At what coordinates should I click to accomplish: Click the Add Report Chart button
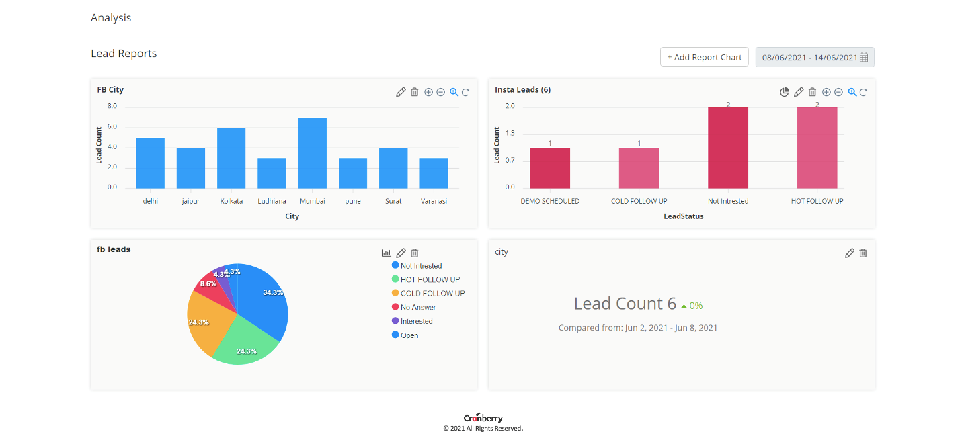[x=704, y=57]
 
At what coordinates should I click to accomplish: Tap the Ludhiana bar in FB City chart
[x=272, y=173]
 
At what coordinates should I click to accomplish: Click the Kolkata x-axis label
[x=231, y=201]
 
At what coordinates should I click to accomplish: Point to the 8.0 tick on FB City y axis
[x=112, y=106]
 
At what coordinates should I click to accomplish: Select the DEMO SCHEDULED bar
[x=550, y=168]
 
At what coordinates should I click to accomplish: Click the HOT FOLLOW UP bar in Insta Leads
[x=817, y=148]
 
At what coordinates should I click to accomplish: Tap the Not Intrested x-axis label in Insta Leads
[x=728, y=201]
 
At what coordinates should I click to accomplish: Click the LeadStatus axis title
[x=683, y=216]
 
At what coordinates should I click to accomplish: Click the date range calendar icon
[x=864, y=58]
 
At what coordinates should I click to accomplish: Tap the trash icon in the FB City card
[x=415, y=92]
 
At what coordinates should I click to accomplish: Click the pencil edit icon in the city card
[x=850, y=253]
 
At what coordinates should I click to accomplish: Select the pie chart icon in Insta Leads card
[x=785, y=92]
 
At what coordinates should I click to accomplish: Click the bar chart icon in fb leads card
[x=387, y=253]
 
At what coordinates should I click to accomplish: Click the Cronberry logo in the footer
[x=483, y=418]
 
